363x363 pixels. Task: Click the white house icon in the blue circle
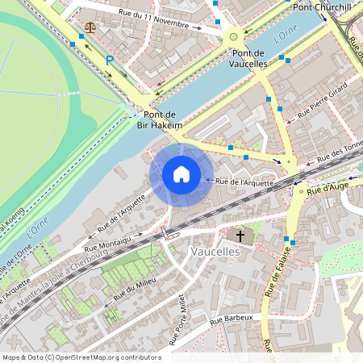pos(181,174)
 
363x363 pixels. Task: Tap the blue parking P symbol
pos(111,60)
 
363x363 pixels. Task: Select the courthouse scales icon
pos(90,26)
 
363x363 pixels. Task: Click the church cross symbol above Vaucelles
pos(239,236)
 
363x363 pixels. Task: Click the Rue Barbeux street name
pos(232,319)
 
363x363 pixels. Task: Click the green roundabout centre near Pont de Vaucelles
pos(233,35)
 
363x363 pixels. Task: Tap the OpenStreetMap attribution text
pos(81,357)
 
